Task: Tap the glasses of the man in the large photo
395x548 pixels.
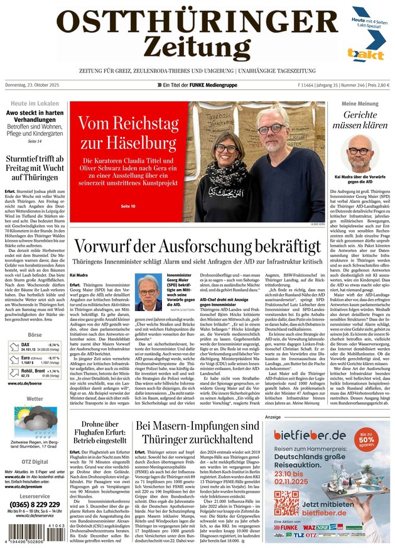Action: point(269,128)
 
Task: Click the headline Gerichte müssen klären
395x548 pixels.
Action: point(360,119)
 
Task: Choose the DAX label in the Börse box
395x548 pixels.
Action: point(25,344)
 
